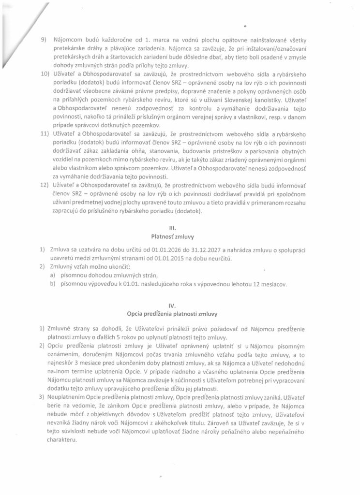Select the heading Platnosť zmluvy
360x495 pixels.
[x=180, y=238]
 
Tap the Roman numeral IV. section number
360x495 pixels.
[x=180, y=306]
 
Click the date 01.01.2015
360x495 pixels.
[x=176, y=259]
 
